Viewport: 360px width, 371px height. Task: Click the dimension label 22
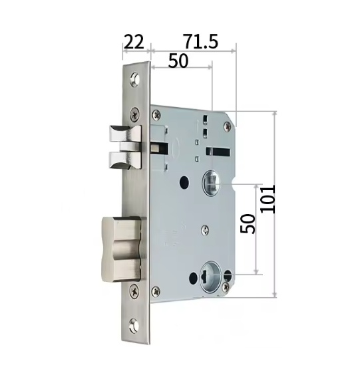click(134, 42)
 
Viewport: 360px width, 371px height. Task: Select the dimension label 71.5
click(200, 42)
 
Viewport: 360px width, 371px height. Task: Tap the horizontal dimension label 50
click(178, 61)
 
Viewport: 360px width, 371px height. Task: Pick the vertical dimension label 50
click(248, 223)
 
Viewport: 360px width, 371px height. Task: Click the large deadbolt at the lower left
click(121, 249)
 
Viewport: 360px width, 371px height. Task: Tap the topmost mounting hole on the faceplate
click(135, 78)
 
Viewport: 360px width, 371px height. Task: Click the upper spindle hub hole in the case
click(212, 183)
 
